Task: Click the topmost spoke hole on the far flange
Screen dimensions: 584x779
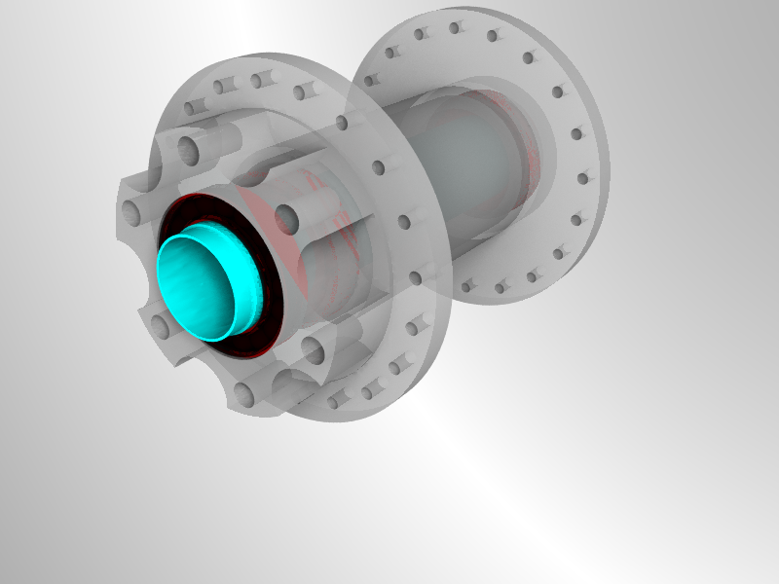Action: coord(455,28)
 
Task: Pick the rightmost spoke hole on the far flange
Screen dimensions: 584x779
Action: coord(584,178)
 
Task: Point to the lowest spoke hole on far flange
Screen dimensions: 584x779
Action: coord(468,286)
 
